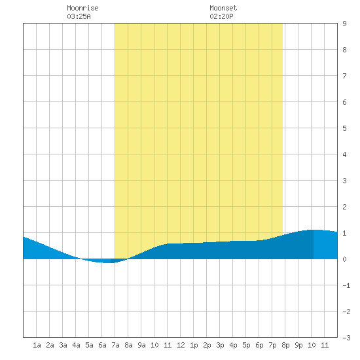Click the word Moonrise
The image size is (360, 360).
click(x=82, y=8)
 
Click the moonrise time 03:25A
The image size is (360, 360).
click(x=79, y=16)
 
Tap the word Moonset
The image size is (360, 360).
click(x=223, y=8)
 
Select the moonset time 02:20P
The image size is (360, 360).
click(x=221, y=16)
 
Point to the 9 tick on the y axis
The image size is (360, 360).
click(x=344, y=24)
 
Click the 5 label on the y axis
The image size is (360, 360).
click(x=344, y=128)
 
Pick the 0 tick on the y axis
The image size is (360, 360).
click(x=344, y=259)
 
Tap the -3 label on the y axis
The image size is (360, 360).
click(x=346, y=338)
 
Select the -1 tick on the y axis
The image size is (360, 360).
click(x=346, y=285)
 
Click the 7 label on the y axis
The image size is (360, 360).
click(x=344, y=76)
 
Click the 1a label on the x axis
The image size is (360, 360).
click(x=37, y=345)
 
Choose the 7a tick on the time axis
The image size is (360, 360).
click(x=115, y=345)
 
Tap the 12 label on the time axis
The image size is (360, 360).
click(x=181, y=345)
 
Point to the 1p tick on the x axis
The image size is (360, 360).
click(x=194, y=345)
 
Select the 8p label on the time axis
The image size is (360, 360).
click(x=285, y=345)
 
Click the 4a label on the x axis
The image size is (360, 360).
click(x=76, y=345)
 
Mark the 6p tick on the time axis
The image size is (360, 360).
click(x=259, y=345)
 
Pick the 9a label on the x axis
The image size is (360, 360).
click(x=141, y=345)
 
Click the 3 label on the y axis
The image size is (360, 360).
click(x=344, y=181)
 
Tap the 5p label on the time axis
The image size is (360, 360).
click(x=246, y=345)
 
